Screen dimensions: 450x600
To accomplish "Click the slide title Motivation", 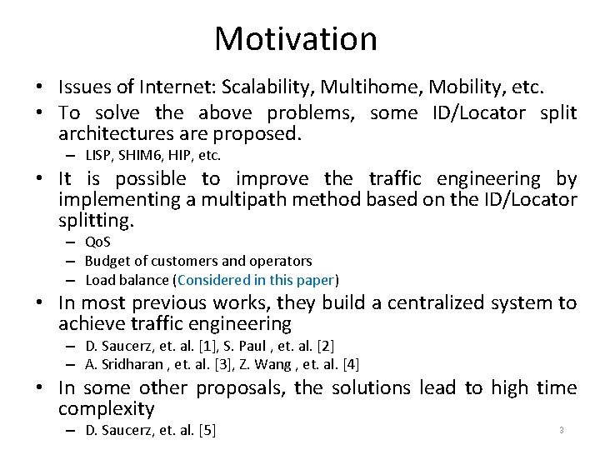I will click(x=296, y=38).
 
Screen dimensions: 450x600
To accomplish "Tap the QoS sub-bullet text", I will click(x=98, y=242).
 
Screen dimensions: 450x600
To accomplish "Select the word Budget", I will click(x=106, y=261).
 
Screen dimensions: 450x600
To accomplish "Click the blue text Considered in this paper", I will click(x=256, y=279).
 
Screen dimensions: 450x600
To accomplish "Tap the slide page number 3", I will click(x=562, y=430).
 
